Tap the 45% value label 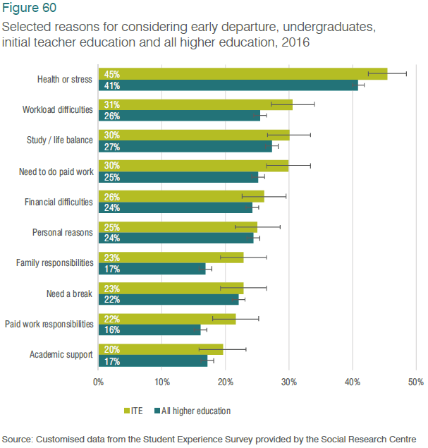(x=111, y=73)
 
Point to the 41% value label (x=111, y=85)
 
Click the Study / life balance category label (x=59, y=140)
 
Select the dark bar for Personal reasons (x=176, y=238)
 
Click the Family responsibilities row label (x=54, y=263)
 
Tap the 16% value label (x=111, y=330)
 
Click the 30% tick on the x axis (x=289, y=382)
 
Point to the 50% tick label (x=415, y=382)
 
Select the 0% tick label (x=99, y=382)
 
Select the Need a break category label (x=69, y=293)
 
